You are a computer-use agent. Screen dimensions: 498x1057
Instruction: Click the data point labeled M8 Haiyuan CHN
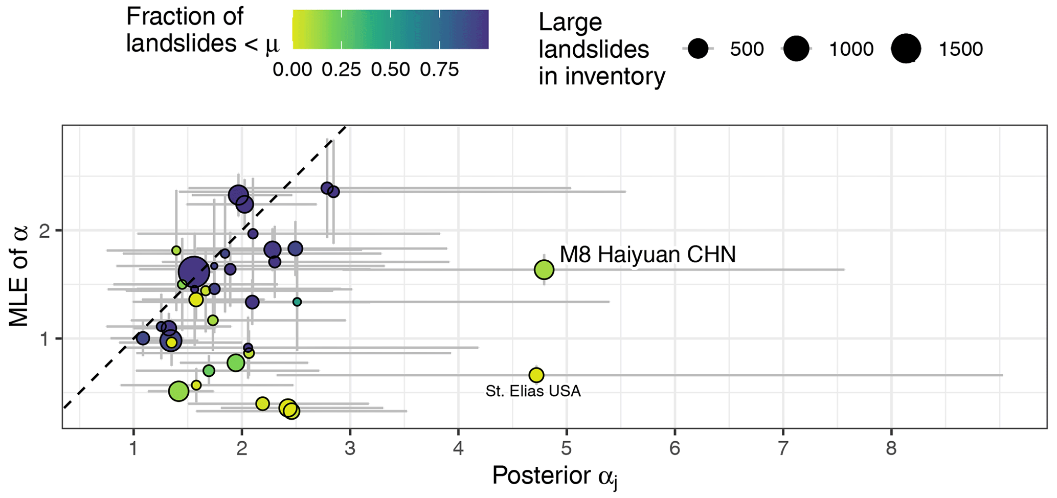(544, 269)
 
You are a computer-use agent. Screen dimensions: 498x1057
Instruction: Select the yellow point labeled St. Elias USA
(536, 375)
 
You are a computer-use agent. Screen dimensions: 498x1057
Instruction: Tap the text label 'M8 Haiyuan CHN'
(647, 254)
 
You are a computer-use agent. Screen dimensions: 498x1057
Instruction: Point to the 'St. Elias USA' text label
(533, 392)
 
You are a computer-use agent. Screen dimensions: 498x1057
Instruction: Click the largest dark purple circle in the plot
(194, 272)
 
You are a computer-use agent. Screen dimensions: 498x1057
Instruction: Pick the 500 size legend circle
(698, 49)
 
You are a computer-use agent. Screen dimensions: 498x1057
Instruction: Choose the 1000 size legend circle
(796, 49)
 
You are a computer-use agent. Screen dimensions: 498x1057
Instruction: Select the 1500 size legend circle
(906, 49)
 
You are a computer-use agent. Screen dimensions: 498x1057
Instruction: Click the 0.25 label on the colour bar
(341, 70)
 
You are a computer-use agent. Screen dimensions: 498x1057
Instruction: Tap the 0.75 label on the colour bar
(439, 70)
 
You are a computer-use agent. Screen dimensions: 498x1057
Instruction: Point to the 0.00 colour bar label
(292, 70)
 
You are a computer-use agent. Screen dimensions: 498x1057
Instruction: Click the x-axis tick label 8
(891, 449)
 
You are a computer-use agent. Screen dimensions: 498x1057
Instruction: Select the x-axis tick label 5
(567, 449)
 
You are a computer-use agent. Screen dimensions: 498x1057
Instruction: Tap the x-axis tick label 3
(350, 449)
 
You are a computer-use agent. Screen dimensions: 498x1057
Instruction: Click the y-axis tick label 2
(44, 231)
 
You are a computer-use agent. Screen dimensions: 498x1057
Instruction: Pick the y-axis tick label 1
(44, 339)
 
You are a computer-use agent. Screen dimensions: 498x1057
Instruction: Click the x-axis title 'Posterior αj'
(555, 477)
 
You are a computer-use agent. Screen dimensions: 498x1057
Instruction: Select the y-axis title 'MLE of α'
(19, 276)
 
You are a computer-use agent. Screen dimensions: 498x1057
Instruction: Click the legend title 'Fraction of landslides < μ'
(203, 30)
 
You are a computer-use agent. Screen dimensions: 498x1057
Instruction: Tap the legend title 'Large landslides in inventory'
(601, 50)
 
